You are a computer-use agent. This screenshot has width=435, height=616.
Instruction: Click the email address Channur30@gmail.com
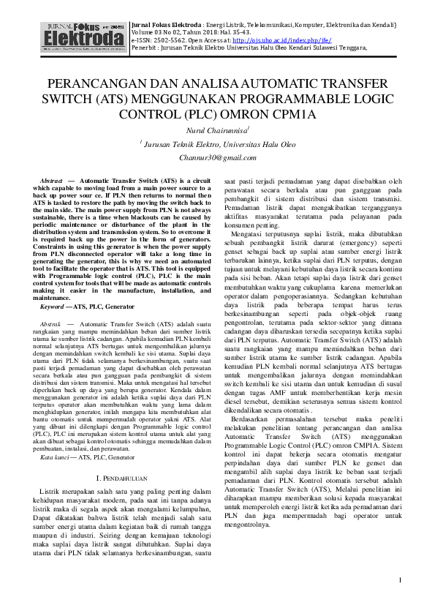(217, 157)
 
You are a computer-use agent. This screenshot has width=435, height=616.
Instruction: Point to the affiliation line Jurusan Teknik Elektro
(217, 144)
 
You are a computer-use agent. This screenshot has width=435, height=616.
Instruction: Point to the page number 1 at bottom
(401, 580)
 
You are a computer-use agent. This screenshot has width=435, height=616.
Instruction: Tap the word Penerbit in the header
(145, 46)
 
